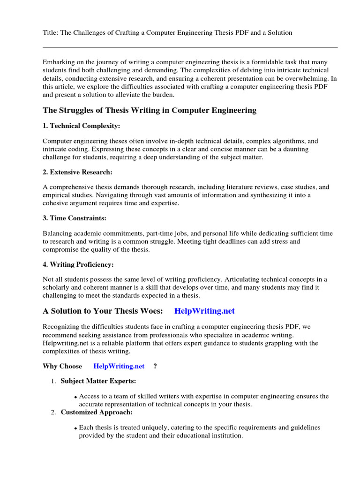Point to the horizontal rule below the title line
tap(190, 47)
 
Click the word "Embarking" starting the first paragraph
tap(58, 62)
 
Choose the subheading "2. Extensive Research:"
tap(77, 172)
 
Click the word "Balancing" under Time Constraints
tap(57, 233)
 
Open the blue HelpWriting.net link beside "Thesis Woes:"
tap(204, 311)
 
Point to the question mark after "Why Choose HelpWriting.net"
tap(155, 366)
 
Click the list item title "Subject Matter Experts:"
tap(98, 382)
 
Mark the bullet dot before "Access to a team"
tap(75, 397)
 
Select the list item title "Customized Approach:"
tap(97, 412)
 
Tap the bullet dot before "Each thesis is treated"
tap(75, 428)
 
